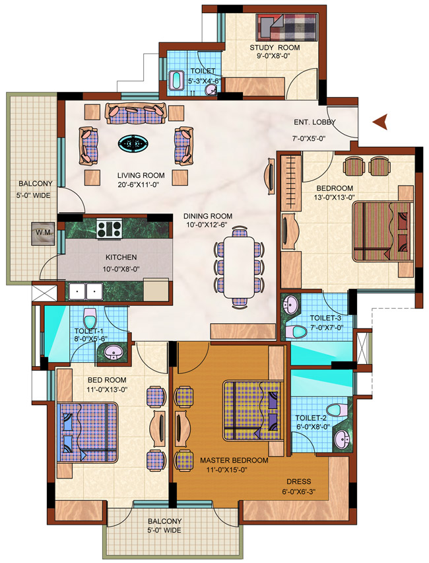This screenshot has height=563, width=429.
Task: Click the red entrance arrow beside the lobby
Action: tap(380, 122)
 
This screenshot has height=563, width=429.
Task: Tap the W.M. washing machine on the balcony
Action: tap(43, 234)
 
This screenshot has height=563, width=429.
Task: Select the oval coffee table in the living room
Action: tap(133, 143)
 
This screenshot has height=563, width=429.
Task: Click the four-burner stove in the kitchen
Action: tap(109, 229)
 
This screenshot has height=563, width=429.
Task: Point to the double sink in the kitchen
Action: tap(86, 291)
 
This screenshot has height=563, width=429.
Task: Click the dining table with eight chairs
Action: tap(239, 267)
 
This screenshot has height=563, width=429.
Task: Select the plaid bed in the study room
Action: tap(286, 27)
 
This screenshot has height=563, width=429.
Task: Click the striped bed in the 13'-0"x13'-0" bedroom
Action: tap(382, 231)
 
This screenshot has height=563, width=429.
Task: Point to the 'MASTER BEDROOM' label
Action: tap(234, 461)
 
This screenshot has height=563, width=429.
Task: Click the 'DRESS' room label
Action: tap(298, 482)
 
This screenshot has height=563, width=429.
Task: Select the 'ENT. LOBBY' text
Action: tap(315, 122)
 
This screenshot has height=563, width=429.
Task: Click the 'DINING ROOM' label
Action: tap(208, 216)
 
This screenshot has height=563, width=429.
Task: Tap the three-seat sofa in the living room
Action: tap(135, 114)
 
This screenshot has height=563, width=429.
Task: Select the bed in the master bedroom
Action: tap(251, 410)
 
